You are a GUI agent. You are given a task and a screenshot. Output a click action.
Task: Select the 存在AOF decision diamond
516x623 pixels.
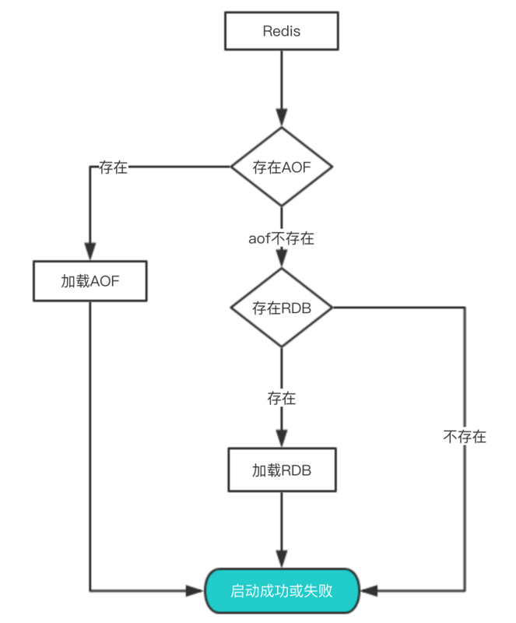[x=281, y=167]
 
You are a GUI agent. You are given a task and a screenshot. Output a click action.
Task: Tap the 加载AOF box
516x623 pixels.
[x=90, y=281]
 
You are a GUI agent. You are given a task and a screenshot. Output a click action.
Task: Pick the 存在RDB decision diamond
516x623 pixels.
[x=281, y=308]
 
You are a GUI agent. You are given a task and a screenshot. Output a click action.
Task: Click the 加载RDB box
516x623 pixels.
[x=281, y=470]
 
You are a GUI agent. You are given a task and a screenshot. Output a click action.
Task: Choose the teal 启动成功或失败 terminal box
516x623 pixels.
[x=282, y=590]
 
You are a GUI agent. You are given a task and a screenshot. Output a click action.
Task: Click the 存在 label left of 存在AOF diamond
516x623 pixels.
[x=114, y=167]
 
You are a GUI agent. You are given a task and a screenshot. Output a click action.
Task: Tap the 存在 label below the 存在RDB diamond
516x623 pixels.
[x=281, y=398]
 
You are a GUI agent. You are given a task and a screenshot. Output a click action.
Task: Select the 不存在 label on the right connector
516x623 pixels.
[x=465, y=437]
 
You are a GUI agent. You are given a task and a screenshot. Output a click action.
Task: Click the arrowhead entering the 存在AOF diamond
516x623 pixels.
[x=281, y=119]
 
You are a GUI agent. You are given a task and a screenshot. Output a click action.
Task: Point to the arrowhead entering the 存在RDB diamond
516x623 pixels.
[x=281, y=261]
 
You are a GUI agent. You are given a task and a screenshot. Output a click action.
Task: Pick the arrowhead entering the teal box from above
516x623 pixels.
[x=281, y=561]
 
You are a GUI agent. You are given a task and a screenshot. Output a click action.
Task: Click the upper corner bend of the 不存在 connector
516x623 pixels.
[x=465, y=308]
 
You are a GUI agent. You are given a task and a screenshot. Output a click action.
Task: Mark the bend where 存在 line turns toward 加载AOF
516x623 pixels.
[x=90, y=167]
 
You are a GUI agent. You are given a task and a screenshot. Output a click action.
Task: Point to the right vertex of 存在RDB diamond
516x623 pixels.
[x=332, y=308]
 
